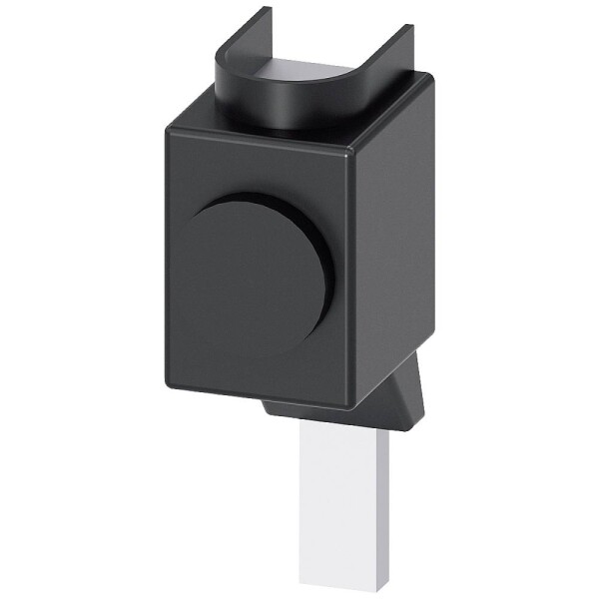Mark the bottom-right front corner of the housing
click(349, 404)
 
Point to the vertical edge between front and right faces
click(351, 280)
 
